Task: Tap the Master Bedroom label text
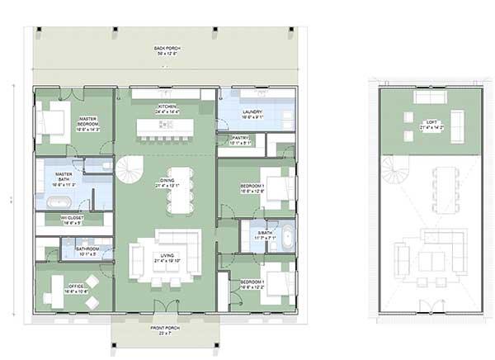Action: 87,125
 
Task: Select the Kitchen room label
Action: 167,109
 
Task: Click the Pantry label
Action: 241,140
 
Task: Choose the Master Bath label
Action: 64,177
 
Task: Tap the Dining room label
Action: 167,183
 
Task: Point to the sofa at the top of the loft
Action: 429,97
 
